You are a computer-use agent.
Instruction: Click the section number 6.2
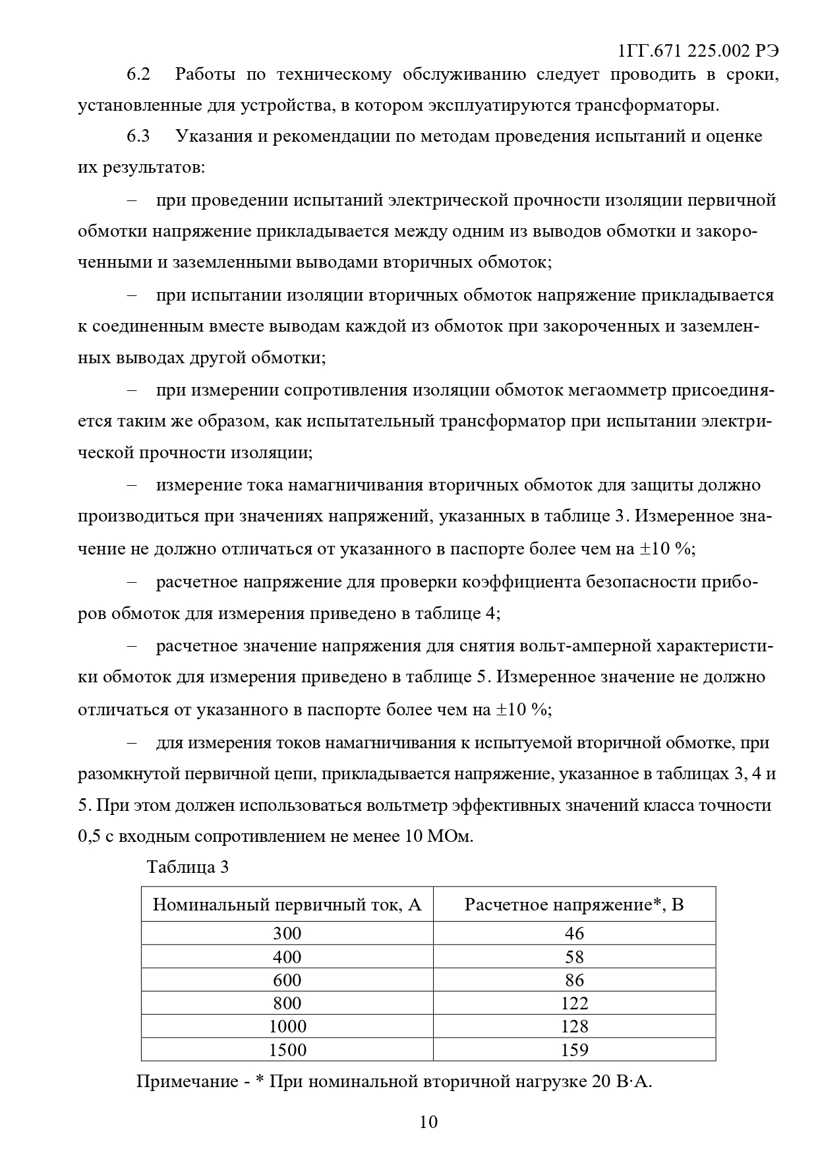pos(138,74)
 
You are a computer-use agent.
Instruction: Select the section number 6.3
pos(138,136)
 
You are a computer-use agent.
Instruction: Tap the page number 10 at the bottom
pos(428,1121)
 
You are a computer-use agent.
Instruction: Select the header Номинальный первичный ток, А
pos(287,904)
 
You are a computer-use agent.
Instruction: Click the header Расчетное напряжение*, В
pos(573,904)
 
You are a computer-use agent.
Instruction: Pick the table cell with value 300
pos(287,933)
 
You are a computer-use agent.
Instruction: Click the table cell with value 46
pos(574,933)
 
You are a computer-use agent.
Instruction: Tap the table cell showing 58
pos(574,957)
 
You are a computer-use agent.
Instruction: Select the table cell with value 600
pos(287,980)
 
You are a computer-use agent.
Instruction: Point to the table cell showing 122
pos(574,1003)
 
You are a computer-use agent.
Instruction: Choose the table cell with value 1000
pos(287,1026)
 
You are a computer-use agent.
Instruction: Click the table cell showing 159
pos(574,1049)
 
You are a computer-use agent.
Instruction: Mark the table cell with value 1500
pos(287,1049)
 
